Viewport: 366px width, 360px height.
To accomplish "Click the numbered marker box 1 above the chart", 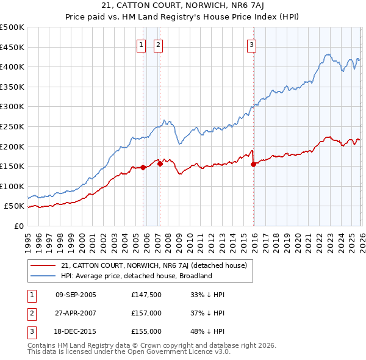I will [x=142, y=44].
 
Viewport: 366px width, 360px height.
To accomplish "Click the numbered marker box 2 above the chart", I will [x=158, y=44].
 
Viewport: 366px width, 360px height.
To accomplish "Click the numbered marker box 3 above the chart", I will [x=251, y=44].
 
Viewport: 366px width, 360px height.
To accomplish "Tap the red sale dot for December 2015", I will [x=254, y=164].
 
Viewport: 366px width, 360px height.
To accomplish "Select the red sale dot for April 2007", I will [x=160, y=164].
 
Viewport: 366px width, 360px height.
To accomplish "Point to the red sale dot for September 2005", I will [x=143, y=167].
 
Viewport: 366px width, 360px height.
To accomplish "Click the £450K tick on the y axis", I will [x=12, y=47].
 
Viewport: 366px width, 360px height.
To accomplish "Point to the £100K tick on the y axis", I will [x=12, y=186].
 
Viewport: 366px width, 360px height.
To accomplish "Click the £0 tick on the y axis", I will [x=20, y=226].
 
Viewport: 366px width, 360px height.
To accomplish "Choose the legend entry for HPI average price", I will [x=135, y=276].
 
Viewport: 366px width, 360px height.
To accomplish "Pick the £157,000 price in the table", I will [x=146, y=313].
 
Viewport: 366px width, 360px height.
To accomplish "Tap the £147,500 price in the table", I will [x=146, y=295].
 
